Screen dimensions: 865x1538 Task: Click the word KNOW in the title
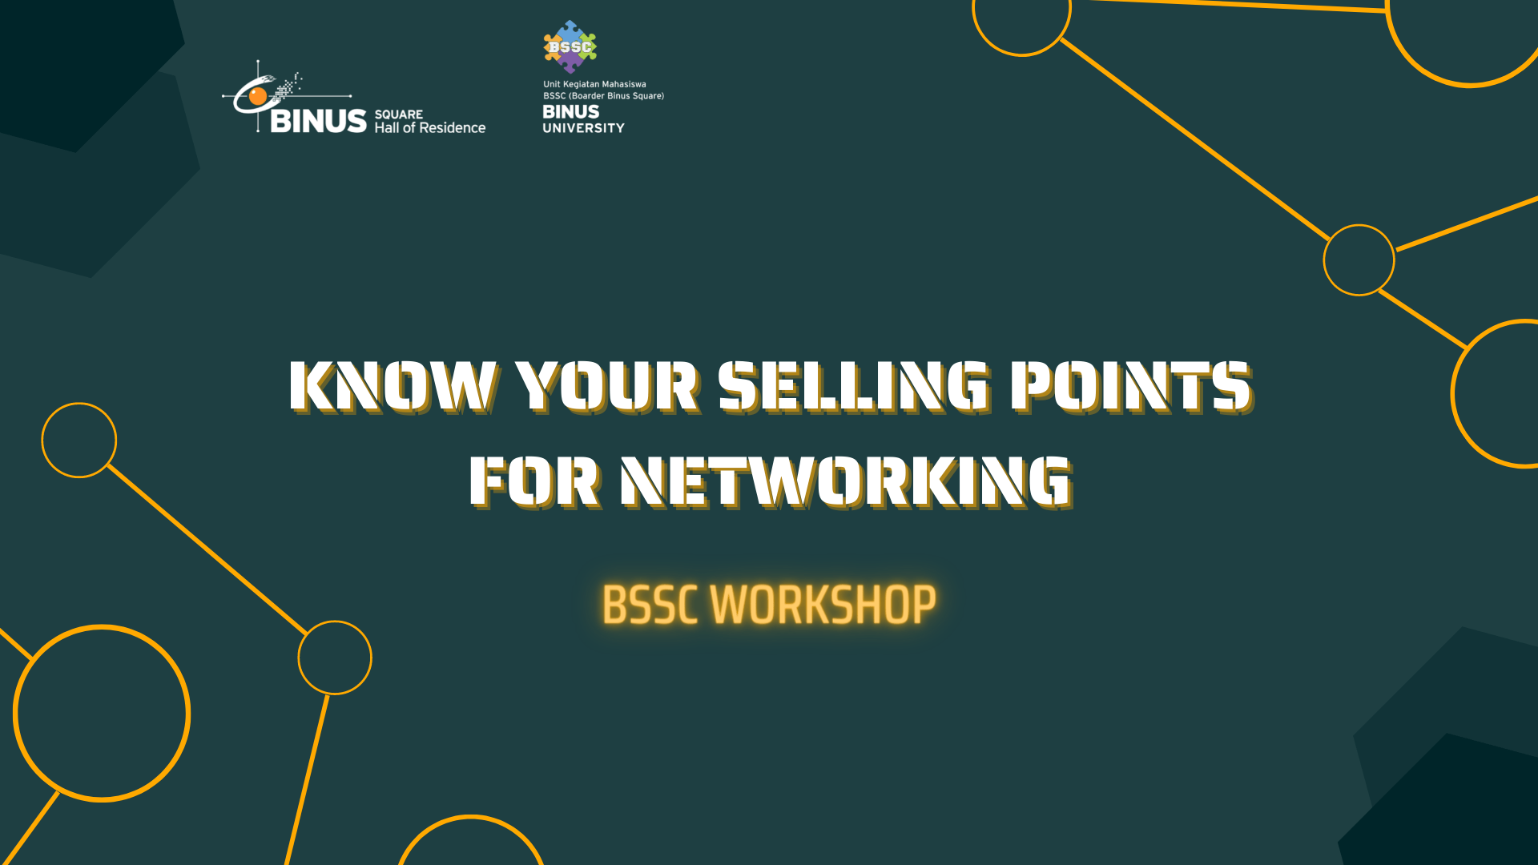point(393,387)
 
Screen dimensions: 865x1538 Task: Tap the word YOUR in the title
point(606,387)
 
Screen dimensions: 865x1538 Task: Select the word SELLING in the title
point(853,387)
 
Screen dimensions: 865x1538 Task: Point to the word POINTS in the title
point(1129,387)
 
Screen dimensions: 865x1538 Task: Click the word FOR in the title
point(533,482)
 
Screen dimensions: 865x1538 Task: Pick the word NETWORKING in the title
point(846,482)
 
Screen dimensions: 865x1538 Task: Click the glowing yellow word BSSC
point(650,605)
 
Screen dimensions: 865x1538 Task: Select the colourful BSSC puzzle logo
point(570,46)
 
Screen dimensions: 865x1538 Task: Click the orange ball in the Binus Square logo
point(258,97)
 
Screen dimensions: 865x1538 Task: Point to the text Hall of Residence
point(430,128)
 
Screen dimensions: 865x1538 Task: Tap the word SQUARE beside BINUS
point(399,115)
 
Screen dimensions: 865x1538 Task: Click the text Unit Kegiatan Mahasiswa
point(594,84)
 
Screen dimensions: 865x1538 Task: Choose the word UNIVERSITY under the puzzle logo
point(583,128)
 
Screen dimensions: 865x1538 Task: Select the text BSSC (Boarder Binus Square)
point(603,96)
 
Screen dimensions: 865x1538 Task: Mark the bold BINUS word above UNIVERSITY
point(570,112)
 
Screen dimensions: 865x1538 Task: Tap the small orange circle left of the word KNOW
point(79,441)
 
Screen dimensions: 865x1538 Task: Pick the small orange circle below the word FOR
point(335,658)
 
